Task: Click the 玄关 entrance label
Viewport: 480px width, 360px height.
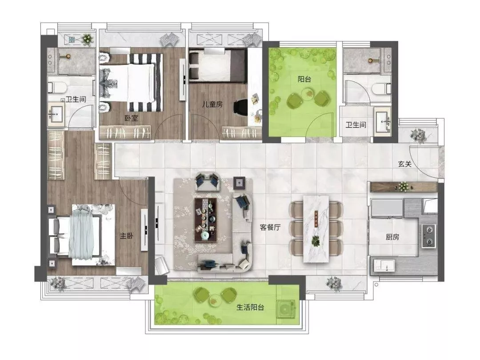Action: (405, 164)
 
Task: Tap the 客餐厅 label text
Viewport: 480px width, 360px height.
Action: (270, 227)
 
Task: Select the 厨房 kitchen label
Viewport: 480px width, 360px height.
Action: (392, 237)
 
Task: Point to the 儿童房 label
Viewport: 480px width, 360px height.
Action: (212, 104)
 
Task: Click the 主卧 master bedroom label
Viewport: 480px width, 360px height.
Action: (126, 236)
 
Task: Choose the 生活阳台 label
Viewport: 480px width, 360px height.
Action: (250, 308)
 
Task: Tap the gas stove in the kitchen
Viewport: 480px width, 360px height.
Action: (428, 236)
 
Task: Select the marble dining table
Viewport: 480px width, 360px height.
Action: (316, 229)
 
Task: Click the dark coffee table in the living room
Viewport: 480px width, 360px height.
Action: (206, 220)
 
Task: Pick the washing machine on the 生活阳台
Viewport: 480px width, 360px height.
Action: (287, 308)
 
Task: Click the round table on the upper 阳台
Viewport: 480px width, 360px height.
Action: (308, 93)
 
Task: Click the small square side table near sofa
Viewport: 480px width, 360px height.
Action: (239, 183)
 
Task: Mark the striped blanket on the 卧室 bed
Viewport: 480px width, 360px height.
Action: (146, 83)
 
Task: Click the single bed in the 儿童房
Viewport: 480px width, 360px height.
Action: (217, 66)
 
